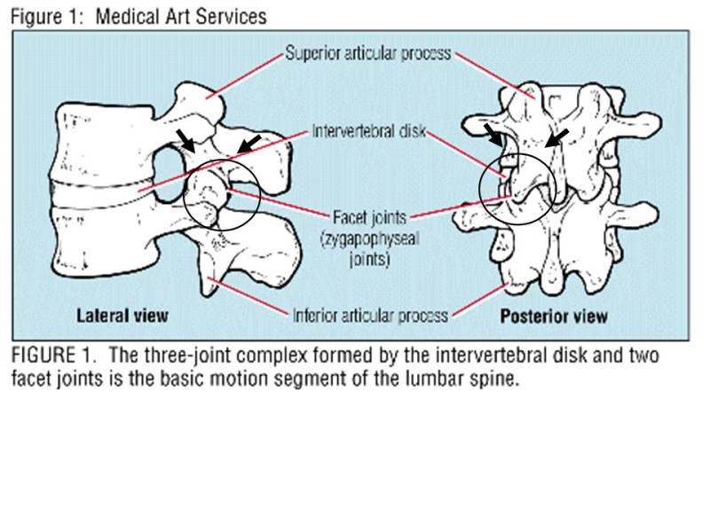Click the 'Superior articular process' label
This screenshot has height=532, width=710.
click(x=367, y=53)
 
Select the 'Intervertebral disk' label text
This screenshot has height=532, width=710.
click(x=368, y=132)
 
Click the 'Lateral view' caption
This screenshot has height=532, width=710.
click(x=122, y=315)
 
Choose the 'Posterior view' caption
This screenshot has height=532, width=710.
click(x=554, y=316)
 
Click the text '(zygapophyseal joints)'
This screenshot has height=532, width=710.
click(x=371, y=247)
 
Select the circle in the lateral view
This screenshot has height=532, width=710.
click(x=222, y=194)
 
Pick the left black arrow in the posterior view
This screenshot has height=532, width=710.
click(x=491, y=134)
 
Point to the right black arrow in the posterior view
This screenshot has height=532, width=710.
click(x=556, y=136)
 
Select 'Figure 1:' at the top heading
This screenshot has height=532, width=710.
click(x=46, y=16)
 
